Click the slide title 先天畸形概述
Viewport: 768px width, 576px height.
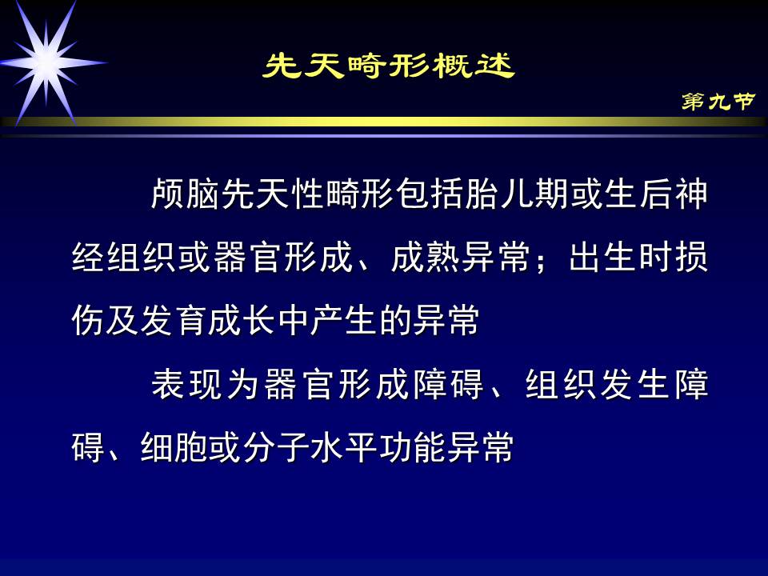tap(389, 66)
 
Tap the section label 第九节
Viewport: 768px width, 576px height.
tap(718, 102)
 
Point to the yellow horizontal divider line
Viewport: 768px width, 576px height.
tap(384, 122)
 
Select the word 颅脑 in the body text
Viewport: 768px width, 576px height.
tap(186, 195)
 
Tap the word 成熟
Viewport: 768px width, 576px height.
tap(426, 258)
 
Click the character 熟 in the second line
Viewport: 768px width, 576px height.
tap(443, 258)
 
